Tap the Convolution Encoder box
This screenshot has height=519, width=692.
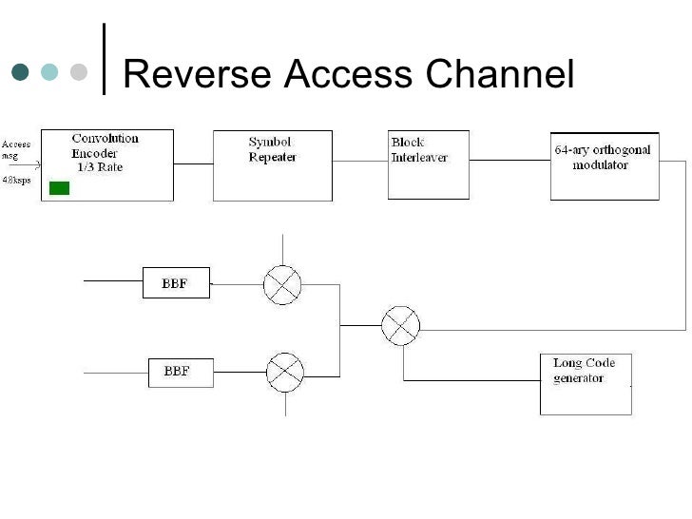click(107, 164)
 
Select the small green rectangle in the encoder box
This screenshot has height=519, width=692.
click(59, 187)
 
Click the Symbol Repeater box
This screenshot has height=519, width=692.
click(272, 164)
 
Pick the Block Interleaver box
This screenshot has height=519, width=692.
click(428, 164)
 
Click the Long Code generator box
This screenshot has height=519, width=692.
click(585, 383)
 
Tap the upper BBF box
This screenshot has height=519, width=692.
click(176, 283)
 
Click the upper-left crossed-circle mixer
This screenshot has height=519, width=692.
click(282, 283)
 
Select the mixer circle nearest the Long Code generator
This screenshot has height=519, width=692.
click(400, 326)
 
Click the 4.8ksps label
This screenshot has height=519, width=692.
click(15, 179)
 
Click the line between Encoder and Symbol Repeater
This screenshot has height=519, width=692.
click(193, 164)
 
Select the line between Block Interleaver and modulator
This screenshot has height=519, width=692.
click(509, 164)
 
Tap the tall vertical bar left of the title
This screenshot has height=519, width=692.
click(104, 59)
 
